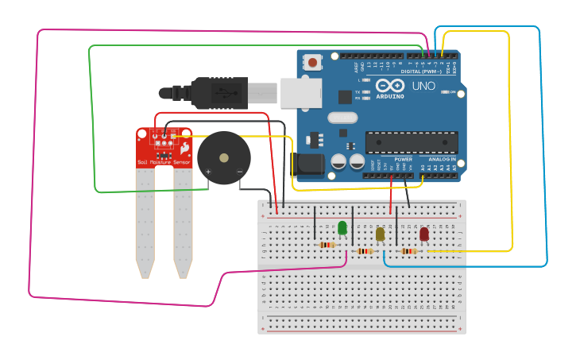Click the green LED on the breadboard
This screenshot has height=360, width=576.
coord(342,228)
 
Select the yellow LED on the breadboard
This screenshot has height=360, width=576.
coord(380,234)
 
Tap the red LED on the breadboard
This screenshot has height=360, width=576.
coord(424,234)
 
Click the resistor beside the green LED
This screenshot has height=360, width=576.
coord(327,245)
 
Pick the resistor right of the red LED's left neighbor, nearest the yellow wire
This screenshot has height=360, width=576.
coord(409,251)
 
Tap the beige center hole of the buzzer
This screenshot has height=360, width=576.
coord(224,157)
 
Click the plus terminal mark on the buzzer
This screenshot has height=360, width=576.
coord(209,172)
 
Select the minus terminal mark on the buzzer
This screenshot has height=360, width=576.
coord(239,172)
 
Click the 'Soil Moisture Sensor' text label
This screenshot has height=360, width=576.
coord(164,162)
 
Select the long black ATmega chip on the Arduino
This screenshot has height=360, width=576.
coord(411,143)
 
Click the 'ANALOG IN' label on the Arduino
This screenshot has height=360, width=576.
coord(442,159)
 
